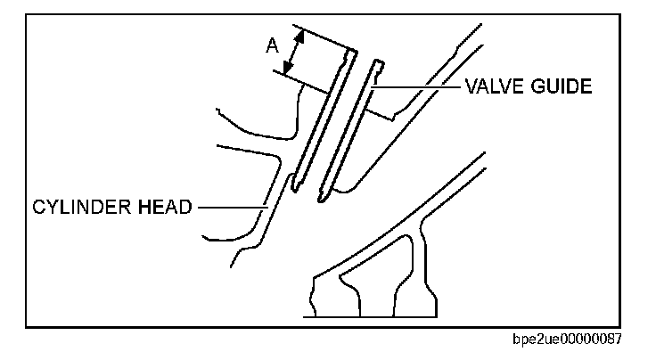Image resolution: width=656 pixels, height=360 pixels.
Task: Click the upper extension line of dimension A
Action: point(325,37)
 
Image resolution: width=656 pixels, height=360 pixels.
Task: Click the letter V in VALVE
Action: point(469,86)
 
